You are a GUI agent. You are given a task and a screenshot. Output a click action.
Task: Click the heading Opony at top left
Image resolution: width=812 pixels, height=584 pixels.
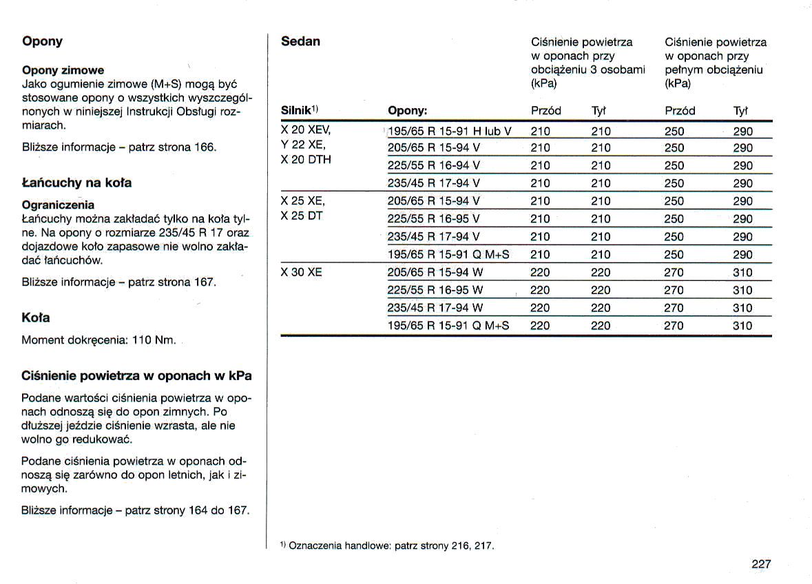42,41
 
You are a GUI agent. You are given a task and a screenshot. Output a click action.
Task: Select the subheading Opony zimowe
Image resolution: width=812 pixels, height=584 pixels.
63,70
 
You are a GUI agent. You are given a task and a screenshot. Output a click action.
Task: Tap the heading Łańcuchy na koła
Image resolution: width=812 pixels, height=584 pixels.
76,183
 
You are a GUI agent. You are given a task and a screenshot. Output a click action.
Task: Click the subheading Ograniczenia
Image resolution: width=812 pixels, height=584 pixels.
58,205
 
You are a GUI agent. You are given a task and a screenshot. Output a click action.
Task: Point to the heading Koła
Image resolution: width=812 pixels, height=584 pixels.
36,318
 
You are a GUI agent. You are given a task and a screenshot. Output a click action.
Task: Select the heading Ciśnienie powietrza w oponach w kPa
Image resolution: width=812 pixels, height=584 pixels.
136,376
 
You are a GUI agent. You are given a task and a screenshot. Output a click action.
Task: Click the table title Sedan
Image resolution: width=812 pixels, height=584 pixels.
300,41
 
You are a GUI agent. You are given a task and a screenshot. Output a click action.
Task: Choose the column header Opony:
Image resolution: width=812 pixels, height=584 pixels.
408,111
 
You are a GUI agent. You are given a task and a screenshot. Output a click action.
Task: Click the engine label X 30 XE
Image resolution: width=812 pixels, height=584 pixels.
301,273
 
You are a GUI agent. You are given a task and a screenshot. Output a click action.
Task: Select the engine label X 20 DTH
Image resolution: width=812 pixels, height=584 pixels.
306,160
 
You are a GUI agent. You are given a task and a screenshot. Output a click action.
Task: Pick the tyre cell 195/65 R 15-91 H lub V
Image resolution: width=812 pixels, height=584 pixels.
450,132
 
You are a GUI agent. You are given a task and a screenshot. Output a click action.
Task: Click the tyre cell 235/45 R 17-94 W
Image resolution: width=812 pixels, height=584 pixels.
435,308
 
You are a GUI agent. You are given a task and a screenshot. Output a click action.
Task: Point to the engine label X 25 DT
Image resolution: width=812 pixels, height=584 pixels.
301,216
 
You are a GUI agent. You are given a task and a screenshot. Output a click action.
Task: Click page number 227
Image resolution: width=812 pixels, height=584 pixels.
761,564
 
